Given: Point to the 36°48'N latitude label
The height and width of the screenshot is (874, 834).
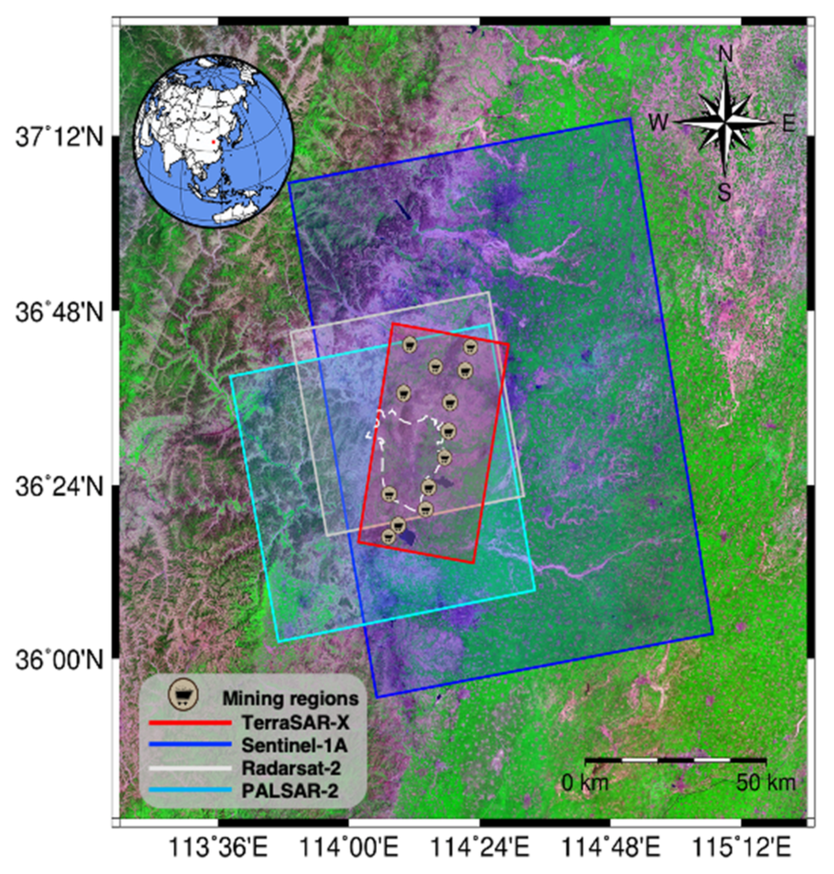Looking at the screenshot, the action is (59, 313).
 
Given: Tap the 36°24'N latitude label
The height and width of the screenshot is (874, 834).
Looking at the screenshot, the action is (59, 486).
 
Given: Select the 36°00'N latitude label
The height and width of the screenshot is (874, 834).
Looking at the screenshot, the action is (59, 660).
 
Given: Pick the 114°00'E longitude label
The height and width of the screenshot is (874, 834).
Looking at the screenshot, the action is (349, 847).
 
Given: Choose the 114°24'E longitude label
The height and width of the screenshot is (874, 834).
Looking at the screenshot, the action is (479, 847).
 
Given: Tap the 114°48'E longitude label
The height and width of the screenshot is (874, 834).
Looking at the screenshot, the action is (611, 847).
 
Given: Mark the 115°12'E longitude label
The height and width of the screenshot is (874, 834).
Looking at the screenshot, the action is (741, 847).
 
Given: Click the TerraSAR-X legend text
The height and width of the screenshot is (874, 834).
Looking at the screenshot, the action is (295, 723).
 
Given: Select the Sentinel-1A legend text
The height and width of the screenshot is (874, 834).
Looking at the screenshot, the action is (295, 745).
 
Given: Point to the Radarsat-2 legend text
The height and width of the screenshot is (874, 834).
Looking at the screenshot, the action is (291, 768).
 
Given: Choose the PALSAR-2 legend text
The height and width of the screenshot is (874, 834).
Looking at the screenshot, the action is (290, 791).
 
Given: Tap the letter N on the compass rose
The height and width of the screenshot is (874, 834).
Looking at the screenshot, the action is (725, 54).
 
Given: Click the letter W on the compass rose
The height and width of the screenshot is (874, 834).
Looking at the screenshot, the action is (658, 122).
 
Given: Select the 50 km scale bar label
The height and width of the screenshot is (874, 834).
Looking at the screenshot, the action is (765, 782).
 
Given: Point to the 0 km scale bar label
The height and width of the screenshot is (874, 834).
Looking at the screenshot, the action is (584, 782).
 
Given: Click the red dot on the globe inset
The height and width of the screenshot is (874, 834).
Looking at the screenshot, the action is (213, 142).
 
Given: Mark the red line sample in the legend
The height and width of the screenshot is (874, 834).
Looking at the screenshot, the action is (190, 723).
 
